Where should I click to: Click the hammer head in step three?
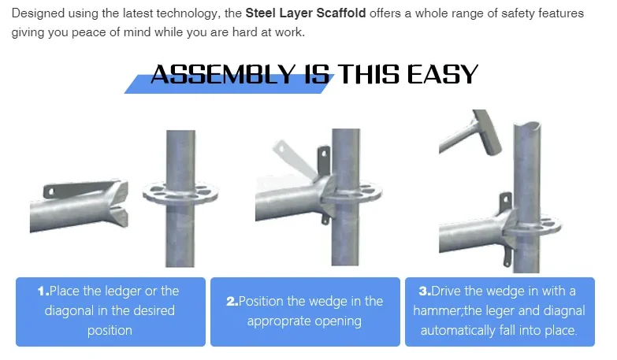[x=487, y=132]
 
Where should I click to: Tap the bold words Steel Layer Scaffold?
[x=306, y=13]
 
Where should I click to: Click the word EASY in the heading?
[x=442, y=74]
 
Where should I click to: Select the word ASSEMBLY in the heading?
[x=223, y=74]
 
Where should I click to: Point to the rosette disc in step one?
[x=180, y=193]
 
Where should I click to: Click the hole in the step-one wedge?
[x=51, y=191]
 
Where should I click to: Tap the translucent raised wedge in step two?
[x=293, y=159]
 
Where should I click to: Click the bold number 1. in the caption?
[x=43, y=291]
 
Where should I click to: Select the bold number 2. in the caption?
[x=232, y=302]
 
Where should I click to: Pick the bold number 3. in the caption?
[x=425, y=291]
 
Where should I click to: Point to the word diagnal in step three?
[x=564, y=311]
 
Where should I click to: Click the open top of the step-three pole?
[x=527, y=127]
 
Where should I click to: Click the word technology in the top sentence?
[x=187, y=13]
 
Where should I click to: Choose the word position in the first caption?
[x=110, y=331]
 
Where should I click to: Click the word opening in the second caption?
[x=338, y=321]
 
